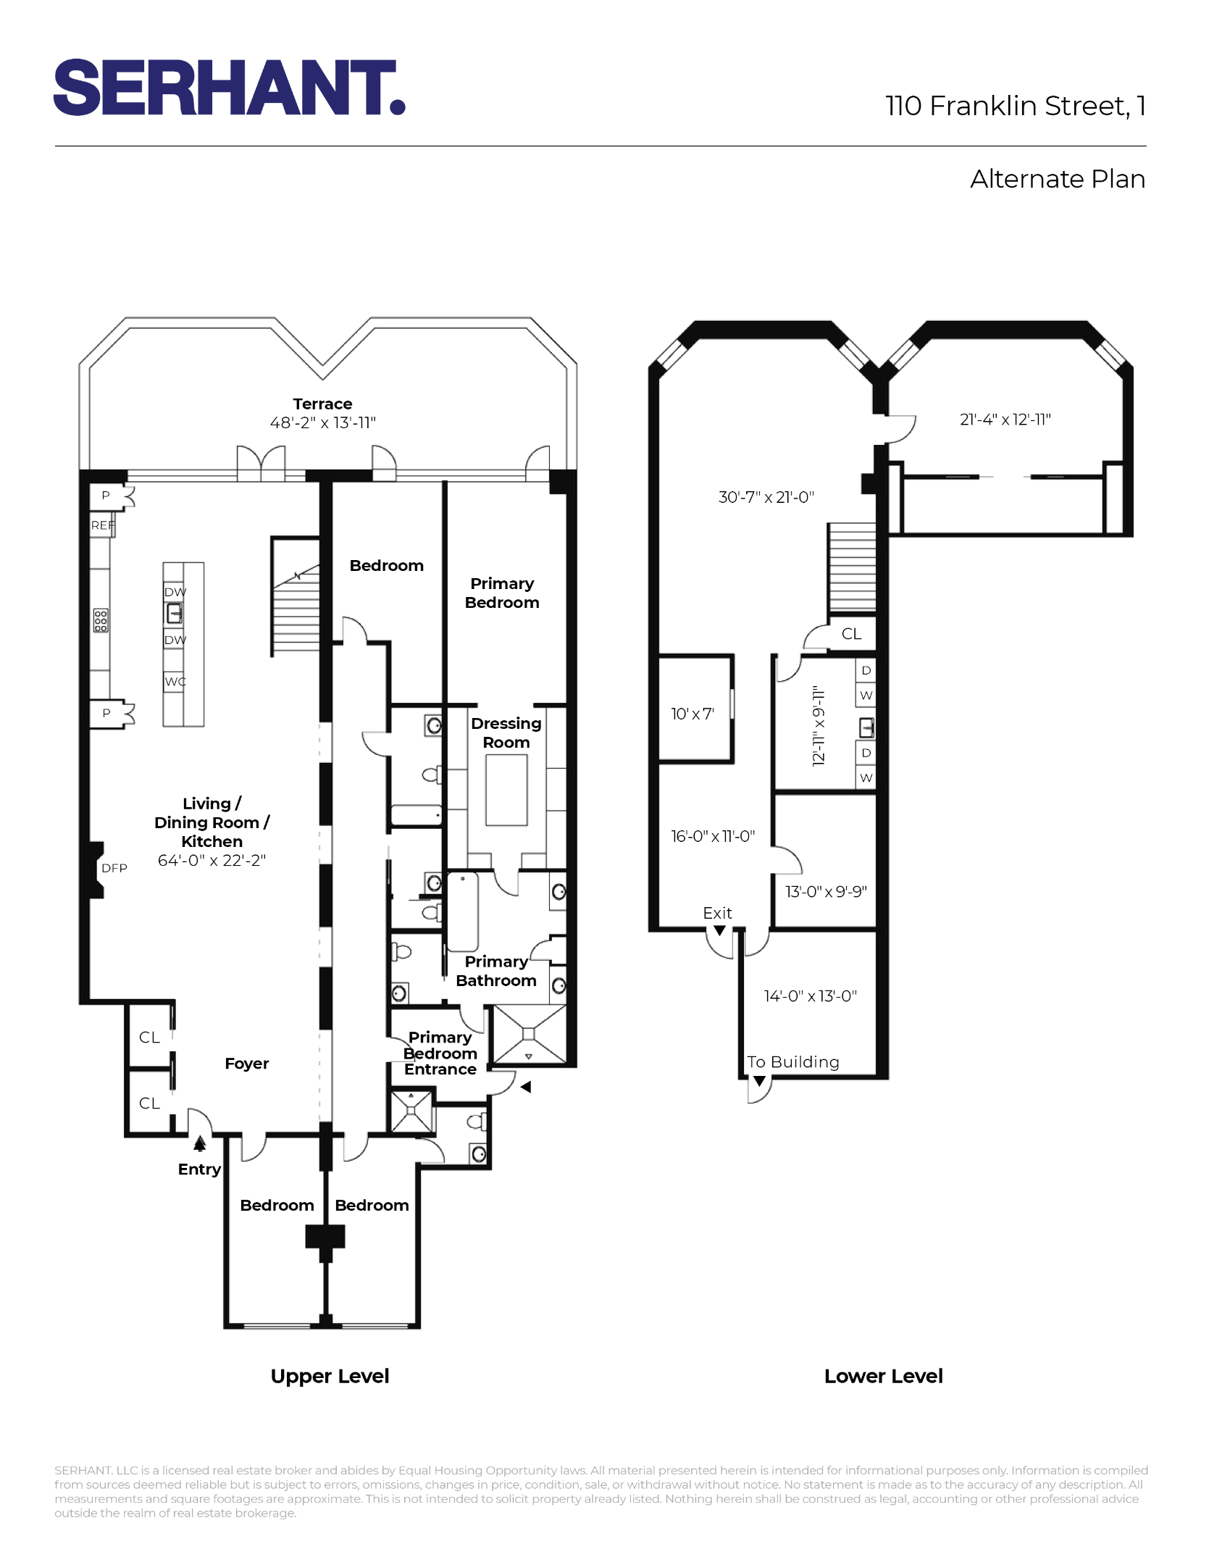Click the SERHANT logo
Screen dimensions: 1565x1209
229,88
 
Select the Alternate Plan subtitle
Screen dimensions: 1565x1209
1057,179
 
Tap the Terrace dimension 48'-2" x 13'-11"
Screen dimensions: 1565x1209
322,422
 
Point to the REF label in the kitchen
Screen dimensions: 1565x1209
102,525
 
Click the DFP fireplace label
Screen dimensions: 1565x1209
114,868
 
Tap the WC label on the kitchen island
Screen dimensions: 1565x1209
175,681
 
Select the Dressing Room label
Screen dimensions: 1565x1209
506,733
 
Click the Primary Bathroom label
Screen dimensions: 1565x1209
496,971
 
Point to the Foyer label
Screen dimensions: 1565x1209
246,1064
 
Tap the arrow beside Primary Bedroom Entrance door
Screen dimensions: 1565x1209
526,1087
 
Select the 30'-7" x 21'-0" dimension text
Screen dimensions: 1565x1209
766,497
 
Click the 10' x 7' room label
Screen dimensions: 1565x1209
692,714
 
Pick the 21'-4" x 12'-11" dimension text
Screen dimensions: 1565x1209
1005,420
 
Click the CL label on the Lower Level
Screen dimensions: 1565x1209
851,634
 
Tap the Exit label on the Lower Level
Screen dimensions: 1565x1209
717,913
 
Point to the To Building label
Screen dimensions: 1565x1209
793,1062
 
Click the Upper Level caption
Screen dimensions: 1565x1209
330,1376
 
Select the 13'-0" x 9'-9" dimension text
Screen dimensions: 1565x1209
826,891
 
